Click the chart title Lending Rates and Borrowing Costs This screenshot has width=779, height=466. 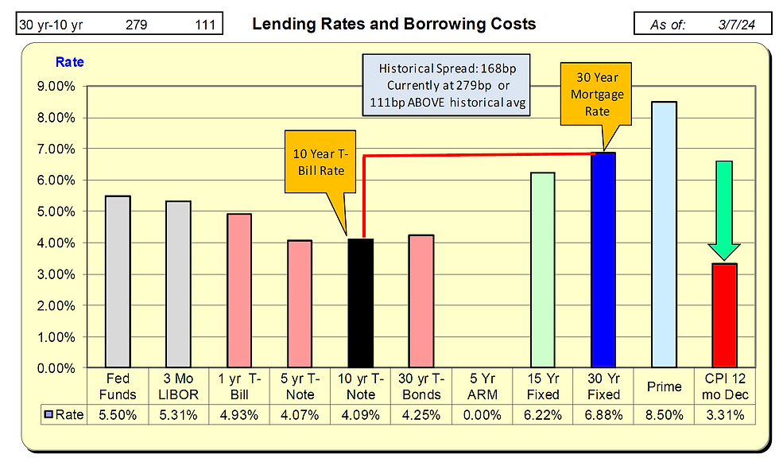(x=393, y=24)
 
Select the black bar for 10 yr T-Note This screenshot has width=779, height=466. (x=359, y=303)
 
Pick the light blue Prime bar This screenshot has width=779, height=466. (x=664, y=235)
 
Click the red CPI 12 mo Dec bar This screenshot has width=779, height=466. (x=724, y=316)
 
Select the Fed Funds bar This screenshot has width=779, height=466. (x=117, y=282)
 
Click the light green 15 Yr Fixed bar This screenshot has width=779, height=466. (x=542, y=270)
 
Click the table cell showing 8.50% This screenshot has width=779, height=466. (x=664, y=414)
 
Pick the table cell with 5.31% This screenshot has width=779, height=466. (x=178, y=414)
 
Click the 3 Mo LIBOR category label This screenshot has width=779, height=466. (x=178, y=386)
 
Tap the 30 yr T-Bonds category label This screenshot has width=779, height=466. (x=421, y=386)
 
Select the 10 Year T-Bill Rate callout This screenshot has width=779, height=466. (x=320, y=164)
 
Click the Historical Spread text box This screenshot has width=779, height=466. (x=445, y=84)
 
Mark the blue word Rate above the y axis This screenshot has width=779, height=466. (x=69, y=62)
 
